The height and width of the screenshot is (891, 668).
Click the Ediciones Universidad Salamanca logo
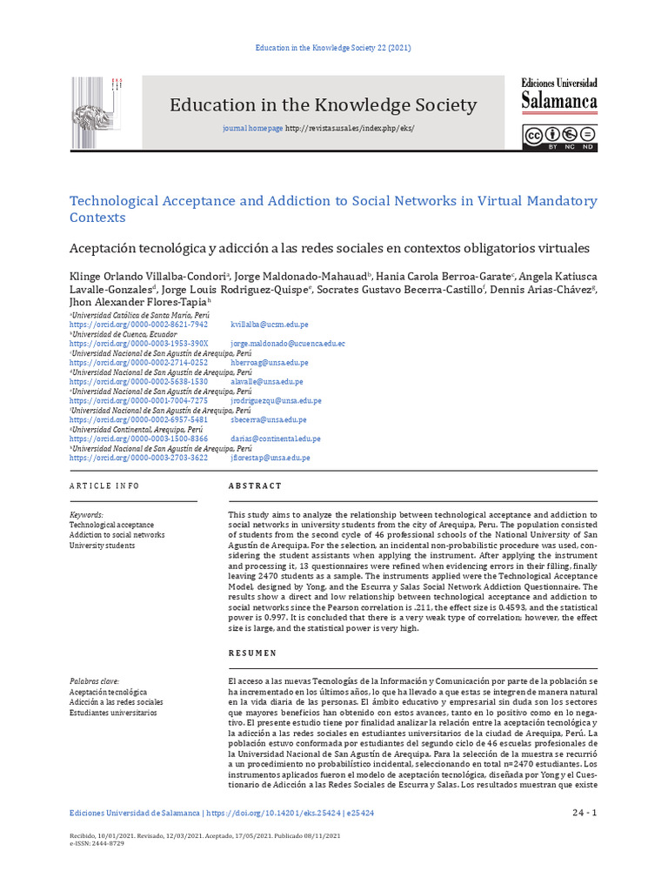pos(559,96)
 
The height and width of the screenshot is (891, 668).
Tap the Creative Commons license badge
pos(559,137)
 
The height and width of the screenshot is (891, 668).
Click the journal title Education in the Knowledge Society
pos(323,105)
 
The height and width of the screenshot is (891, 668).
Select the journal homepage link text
pos(252,129)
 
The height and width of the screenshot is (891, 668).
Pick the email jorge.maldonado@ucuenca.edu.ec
pos(287,344)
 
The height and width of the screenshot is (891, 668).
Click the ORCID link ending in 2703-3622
pos(138,458)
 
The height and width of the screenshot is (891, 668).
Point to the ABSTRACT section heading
pos(255,486)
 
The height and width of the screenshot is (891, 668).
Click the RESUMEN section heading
pos(252,653)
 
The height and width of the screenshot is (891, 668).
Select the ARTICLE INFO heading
pos(104,486)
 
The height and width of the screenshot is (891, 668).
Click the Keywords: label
pos(86,515)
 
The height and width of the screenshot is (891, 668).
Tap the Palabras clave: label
pos(94,681)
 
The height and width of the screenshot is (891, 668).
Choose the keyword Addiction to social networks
pos(117,535)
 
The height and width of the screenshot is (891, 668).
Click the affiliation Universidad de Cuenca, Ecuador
pos(124,334)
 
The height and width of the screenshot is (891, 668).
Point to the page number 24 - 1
pos(584,814)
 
